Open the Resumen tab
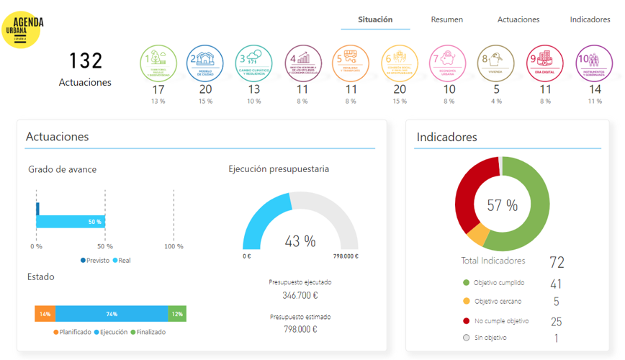446,19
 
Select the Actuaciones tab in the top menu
518,19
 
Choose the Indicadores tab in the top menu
590,19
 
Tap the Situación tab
375,19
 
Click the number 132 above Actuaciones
86,61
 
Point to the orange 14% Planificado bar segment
45,314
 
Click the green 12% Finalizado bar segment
177,314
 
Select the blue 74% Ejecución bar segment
112,314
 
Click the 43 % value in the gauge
300,241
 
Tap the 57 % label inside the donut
502,205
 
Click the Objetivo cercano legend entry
498,302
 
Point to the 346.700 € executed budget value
300,295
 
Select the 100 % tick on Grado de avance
174,247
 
